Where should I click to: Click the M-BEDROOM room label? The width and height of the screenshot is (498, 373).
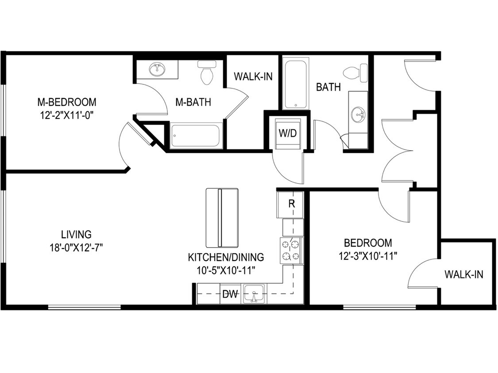pos(66,102)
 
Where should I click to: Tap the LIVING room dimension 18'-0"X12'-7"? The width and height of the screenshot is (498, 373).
pos(77,247)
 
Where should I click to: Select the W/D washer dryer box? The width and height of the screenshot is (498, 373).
pos(287,133)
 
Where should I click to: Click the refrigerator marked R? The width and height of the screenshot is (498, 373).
pos(291,204)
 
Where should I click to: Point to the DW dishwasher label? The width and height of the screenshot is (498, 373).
pos(230,294)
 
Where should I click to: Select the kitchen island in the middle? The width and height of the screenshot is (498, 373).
pos(222,217)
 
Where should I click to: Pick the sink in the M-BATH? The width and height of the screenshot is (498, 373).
pos(157,69)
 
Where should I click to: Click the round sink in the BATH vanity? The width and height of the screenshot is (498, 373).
pos(358,116)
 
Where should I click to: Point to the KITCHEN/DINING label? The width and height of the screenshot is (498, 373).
pos(226,257)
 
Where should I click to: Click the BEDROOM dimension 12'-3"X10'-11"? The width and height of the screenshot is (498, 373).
pos(368,255)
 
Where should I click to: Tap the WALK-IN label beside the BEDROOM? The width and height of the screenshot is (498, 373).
pos(464,274)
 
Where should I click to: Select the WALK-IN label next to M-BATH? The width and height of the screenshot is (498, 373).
pos(253,76)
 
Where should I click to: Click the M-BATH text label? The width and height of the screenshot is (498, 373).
pos(193,103)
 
